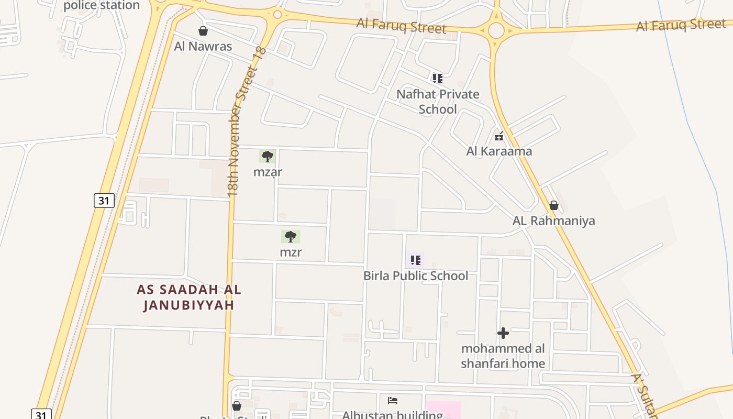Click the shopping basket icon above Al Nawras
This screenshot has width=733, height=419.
[x=203, y=31]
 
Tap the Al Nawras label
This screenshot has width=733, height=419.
[x=203, y=46]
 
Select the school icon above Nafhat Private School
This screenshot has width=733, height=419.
[x=438, y=79]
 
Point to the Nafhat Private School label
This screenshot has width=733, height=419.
[x=438, y=102]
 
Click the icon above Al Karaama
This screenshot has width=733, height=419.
[x=499, y=136]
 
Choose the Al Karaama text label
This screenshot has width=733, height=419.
[x=499, y=151]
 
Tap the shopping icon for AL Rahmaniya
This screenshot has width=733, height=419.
[x=554, y=205]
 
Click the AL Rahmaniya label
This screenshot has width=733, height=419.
[x=554, y=220]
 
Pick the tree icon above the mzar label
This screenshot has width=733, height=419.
[x=268, y=156]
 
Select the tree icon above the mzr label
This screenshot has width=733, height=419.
[x=291, y=237]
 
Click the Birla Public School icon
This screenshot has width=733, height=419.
[x=416, y=260]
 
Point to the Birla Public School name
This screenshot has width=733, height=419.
[x=416, y=275]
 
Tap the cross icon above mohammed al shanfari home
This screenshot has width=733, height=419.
[x=503, y=333]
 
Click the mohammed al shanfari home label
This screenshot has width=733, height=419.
[x=503, y=356]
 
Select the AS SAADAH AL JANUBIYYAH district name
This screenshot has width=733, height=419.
[x=189, y=297]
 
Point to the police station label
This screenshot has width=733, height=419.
[x=102, y=6]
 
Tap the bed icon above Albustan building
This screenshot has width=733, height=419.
[x=393, y=401]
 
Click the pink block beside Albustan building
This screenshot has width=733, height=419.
[x=444, y=410]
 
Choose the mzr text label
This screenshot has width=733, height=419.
[x=291, y=252]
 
